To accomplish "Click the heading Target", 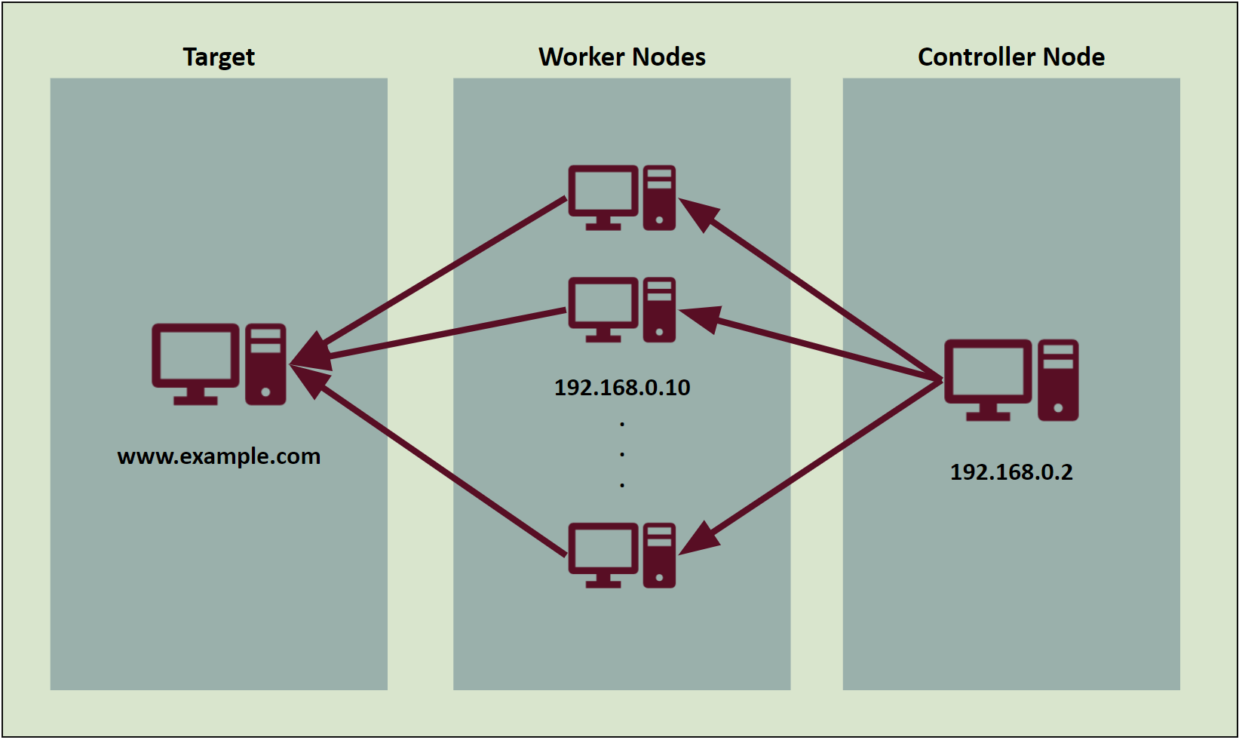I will tap(219, 57).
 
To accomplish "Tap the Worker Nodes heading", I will tap(622, 57).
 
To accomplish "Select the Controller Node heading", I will tap(1011, 57).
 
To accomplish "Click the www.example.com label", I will tap(219, 456).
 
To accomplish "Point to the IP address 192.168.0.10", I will tap(622, 388).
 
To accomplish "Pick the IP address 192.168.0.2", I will tap(1011, 472).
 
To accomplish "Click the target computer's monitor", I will tap(195, 356).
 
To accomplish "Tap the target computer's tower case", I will tap(266, 364).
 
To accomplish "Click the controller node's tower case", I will tap(1058, 379).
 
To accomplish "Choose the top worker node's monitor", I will tap(603, 191).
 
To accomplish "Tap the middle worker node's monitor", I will tap(603, 303).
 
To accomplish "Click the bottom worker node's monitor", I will tap(603, 548).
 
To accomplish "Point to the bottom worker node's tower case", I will tap(659, 555).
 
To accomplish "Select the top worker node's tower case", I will tap(659, 198).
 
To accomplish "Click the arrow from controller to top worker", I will tap(814, 290).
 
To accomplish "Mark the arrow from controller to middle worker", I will tap(822, 347).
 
